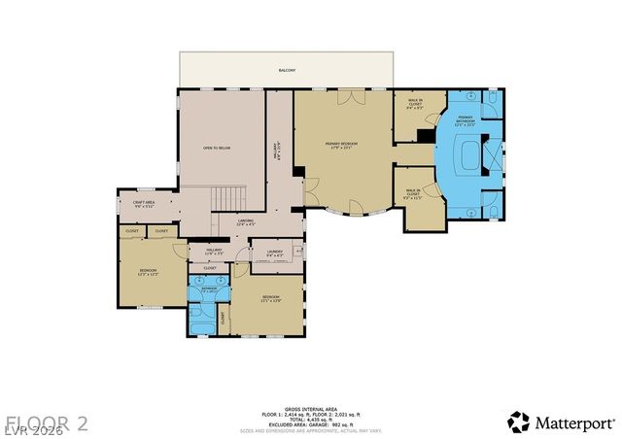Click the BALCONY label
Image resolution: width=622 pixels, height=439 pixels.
coord(287,71)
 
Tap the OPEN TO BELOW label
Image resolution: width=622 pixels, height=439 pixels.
coord(216,148)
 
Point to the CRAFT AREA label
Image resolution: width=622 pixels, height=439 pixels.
coord(144,204)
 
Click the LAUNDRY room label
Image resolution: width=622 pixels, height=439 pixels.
coord(273,253)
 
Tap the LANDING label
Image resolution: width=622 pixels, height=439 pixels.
coord(245,222)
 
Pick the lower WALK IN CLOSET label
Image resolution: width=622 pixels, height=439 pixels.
coord(413,192)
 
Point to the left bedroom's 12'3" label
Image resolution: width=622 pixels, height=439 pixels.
coord(147,274)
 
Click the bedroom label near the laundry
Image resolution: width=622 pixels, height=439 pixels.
coord(269,298)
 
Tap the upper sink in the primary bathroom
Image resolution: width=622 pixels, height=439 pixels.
coord(471,97)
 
